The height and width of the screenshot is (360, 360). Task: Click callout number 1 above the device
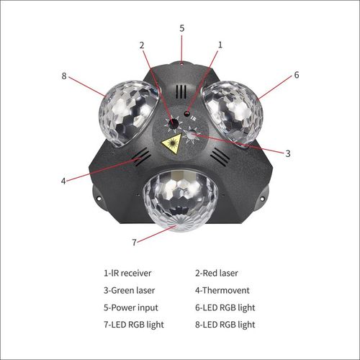(x=220, y=44)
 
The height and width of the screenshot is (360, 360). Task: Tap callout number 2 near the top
(x=142, y=45)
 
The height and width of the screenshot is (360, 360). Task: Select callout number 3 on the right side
(x=287, y=153)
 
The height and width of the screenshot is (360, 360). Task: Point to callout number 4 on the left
(x=63, y=181)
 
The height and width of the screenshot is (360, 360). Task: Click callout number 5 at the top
(x=181, y=27)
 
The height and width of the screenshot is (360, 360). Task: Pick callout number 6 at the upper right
(x=296, y=74)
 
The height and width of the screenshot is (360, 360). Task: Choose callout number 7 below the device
(x=133, y=242)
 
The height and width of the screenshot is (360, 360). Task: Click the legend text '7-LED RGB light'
(x=134, y=325)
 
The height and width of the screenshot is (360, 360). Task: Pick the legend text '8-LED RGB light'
(x=225, y=325)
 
